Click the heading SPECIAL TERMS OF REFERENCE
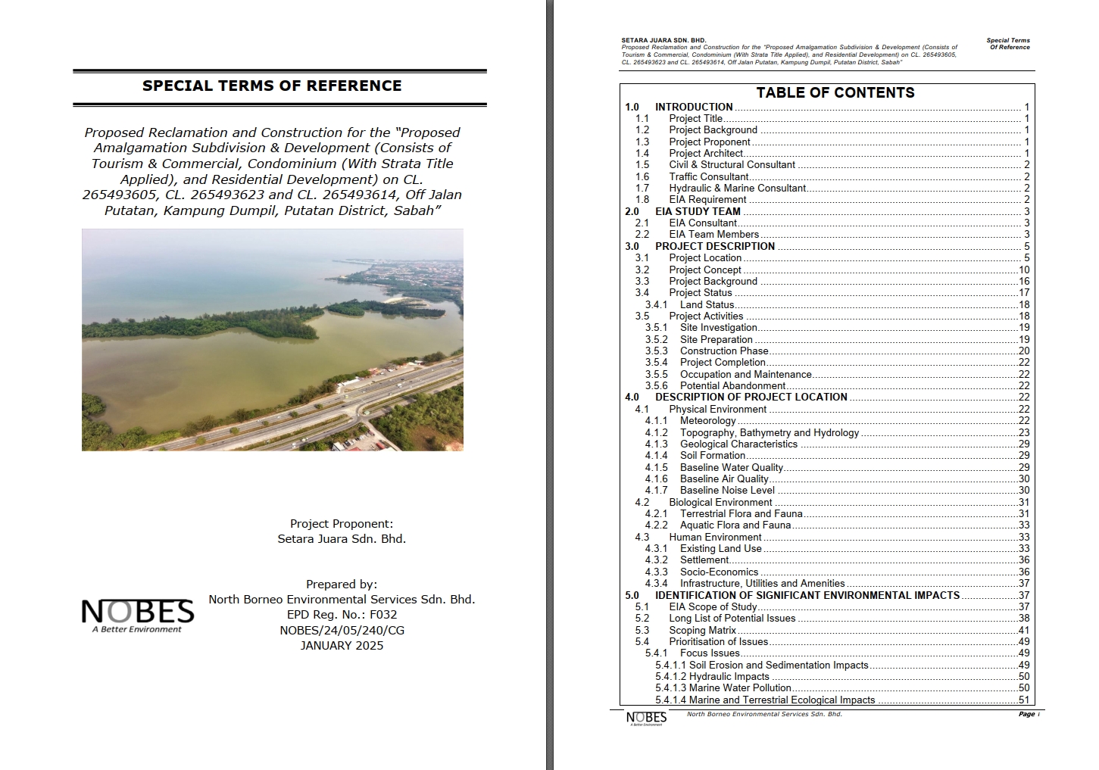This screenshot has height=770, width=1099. point(272,86)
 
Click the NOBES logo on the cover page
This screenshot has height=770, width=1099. point(137,615)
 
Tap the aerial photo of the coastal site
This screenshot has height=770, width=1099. point(273,340)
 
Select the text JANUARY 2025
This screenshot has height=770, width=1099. point(342,646)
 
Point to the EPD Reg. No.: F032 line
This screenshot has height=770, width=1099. point(342,615)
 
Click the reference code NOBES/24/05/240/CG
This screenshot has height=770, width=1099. point(342,630)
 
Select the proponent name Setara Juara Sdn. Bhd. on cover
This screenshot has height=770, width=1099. point(342,539)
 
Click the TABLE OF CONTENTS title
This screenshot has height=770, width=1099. point(835,92)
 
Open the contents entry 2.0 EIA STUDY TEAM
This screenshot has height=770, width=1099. point(698,211)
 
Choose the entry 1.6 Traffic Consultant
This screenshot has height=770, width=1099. point(708,176)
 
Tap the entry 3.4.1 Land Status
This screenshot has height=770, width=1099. point(707,304)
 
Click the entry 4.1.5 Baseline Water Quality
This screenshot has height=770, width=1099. point(731,467)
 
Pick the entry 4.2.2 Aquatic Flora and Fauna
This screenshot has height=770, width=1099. point(735,525)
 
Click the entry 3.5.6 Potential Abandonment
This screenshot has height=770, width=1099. point(732,385)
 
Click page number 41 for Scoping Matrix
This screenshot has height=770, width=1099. point(1023,630)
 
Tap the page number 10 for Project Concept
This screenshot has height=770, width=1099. point(1023,270)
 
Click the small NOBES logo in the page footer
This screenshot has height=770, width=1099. point(646,718)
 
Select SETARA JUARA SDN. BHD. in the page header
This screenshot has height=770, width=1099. point(663,40)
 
